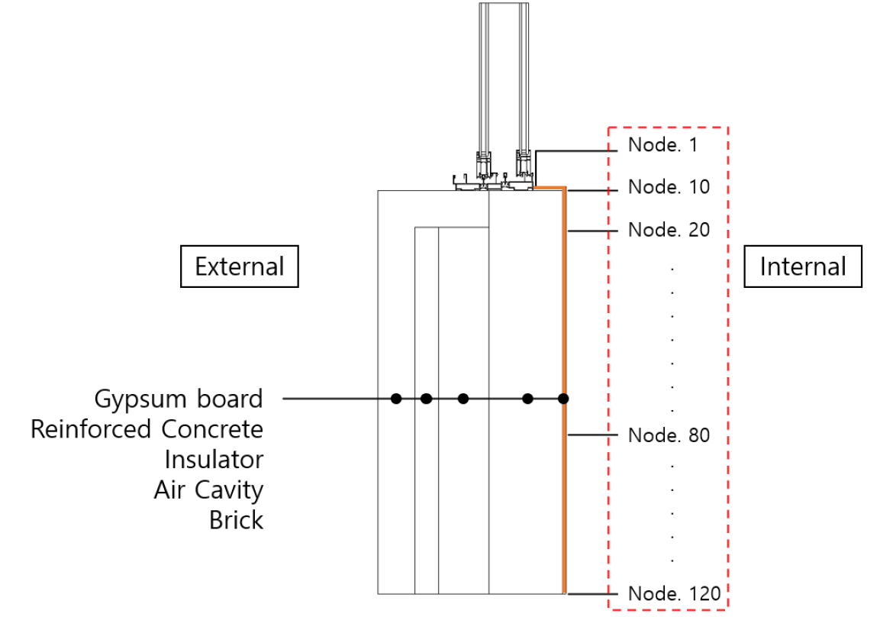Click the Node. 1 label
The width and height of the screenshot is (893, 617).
[662, 145]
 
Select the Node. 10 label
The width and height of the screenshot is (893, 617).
[669, 187]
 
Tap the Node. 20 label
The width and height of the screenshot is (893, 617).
[669, 229]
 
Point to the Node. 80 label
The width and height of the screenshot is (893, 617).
[669, 435]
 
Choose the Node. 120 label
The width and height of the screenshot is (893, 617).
[673, 593]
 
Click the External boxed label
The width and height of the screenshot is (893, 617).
[239, 267]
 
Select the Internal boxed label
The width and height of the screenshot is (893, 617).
[803, 267]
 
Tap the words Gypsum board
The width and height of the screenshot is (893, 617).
[179, 399]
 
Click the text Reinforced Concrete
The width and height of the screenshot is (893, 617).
[147, 429]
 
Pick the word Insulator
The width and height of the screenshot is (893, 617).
[214, 460]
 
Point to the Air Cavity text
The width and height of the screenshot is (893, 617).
[208, 490]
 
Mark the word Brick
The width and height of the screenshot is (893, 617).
[236, 521]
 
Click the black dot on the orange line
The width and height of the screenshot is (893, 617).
[563, 398]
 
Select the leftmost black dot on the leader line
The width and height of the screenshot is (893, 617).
[395, 398]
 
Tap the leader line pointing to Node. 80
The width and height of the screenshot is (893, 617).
[591, 435]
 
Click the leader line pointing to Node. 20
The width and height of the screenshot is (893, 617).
[591, 229]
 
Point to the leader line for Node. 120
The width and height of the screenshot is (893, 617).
[591, 593]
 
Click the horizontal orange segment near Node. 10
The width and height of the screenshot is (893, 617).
[549, 187]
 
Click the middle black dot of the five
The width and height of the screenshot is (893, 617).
[463, 398]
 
